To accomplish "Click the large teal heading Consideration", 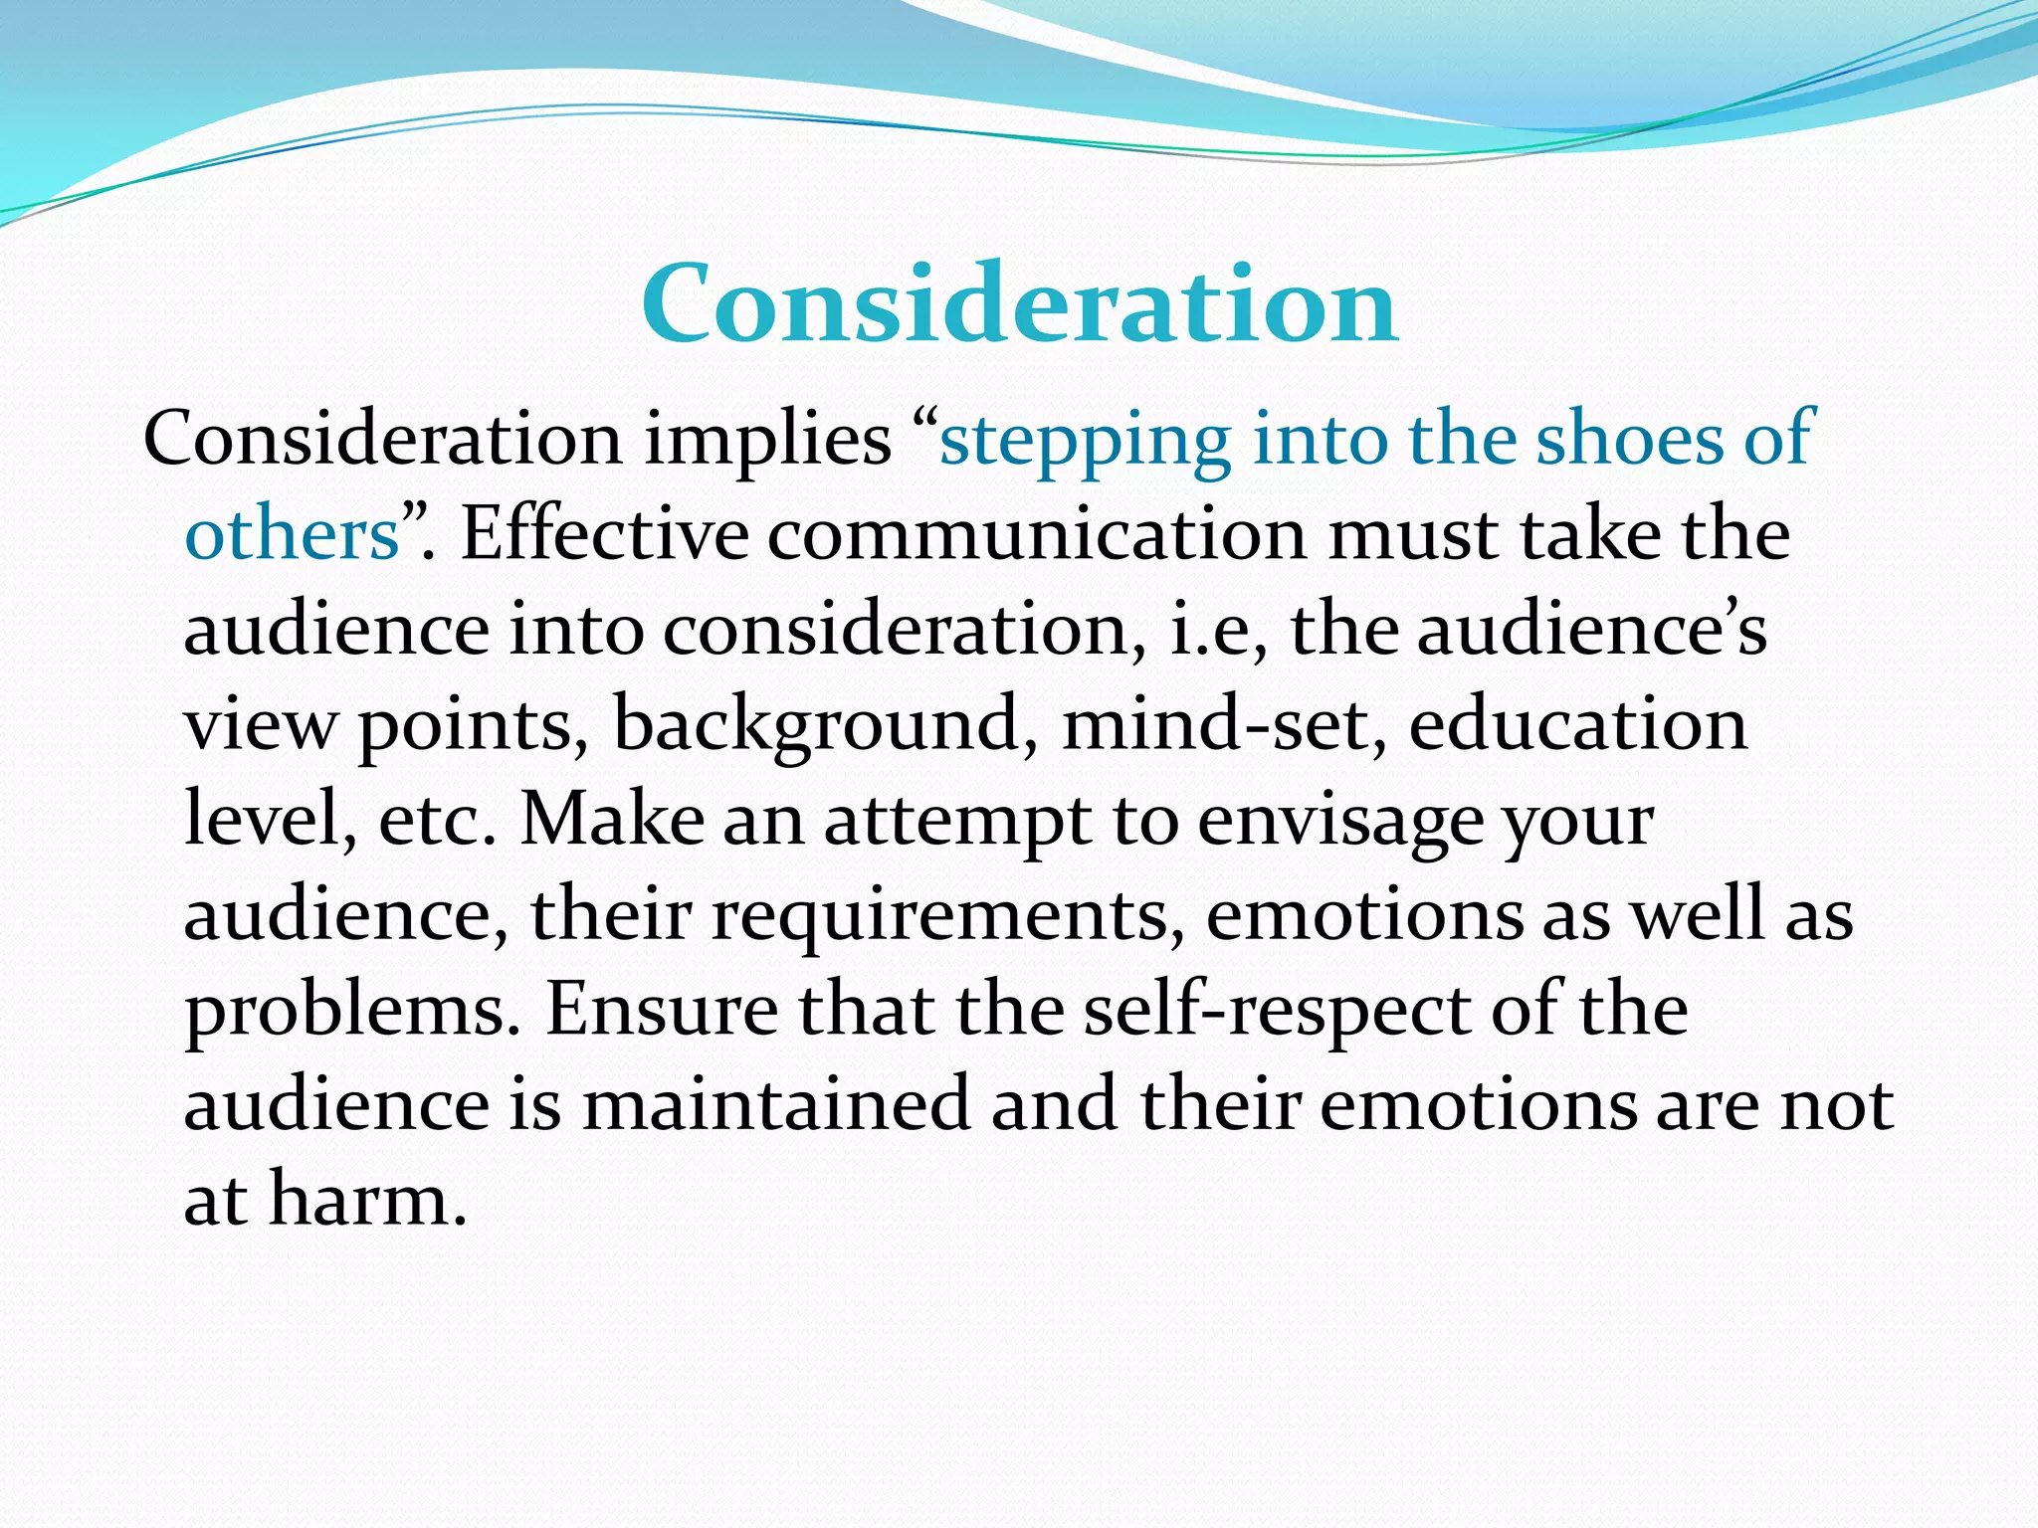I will [x=1019, y=303].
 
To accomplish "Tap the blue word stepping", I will [x=1085, y=440].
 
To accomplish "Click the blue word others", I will [x=292, y=534].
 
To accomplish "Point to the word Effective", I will [x=604, y=534].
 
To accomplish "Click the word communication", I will [x=1035, y=534].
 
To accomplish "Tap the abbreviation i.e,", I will [x=1218, y=630].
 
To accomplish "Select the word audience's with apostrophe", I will [x=1591, y=630].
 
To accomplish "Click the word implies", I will [x=767, y=440].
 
